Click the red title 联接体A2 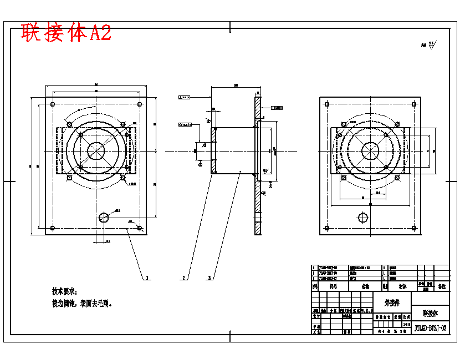tap(66, 33)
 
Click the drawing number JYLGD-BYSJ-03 tap(430, 328)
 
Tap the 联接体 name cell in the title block tap(430, 314)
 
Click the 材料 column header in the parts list tap(401, 287)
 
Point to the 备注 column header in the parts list tap(442, 287)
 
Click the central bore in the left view tap(97, 150)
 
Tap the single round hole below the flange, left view tap(104, 218)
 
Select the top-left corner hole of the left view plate tap(52, 104)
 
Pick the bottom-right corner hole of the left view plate tap(140, 228)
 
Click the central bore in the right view tap(371, 150)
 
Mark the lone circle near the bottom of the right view tap(363, 218)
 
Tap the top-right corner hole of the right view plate tap(413, 104)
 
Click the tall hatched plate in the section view tap(258, 167)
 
